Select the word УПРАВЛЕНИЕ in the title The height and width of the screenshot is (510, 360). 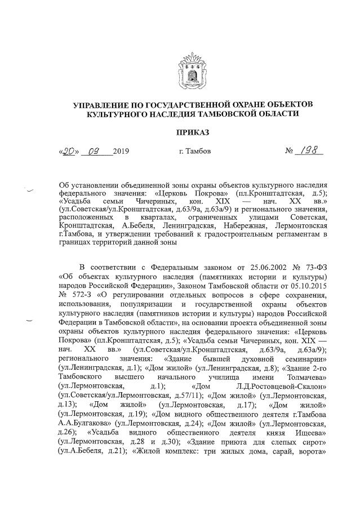tap(103, 104)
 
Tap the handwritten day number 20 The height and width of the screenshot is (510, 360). tap(70, 152)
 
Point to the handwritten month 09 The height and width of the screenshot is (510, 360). tap(94, 152)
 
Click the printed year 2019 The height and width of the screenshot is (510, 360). tap(121, 152)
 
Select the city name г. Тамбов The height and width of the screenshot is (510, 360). tap(194, 152)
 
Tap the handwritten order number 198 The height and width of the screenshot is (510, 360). tap(309, 151)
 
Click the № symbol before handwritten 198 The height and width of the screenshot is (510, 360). tap(290, 152)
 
